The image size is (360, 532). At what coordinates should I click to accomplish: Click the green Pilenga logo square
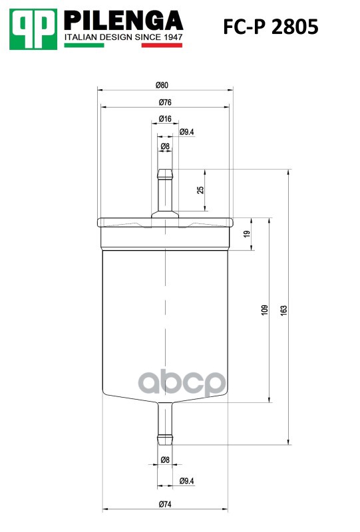click(33, 29)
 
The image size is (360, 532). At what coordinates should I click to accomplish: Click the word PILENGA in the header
click(123, 21)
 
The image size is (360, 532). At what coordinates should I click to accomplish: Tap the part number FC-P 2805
click(271, 27)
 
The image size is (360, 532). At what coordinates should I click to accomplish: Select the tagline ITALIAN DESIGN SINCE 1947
click(123, 37)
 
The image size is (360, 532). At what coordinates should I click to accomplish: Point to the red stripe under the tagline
click(162, 45)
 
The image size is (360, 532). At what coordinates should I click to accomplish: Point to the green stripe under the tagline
click(85, 45)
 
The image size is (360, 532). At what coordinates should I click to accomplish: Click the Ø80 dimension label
click(162, 85)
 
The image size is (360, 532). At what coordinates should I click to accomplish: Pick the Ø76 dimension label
click(165, 102)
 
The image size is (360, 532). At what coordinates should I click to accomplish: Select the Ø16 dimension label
click(165, 118)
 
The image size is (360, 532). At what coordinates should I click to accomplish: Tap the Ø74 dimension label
click(165, 504)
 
